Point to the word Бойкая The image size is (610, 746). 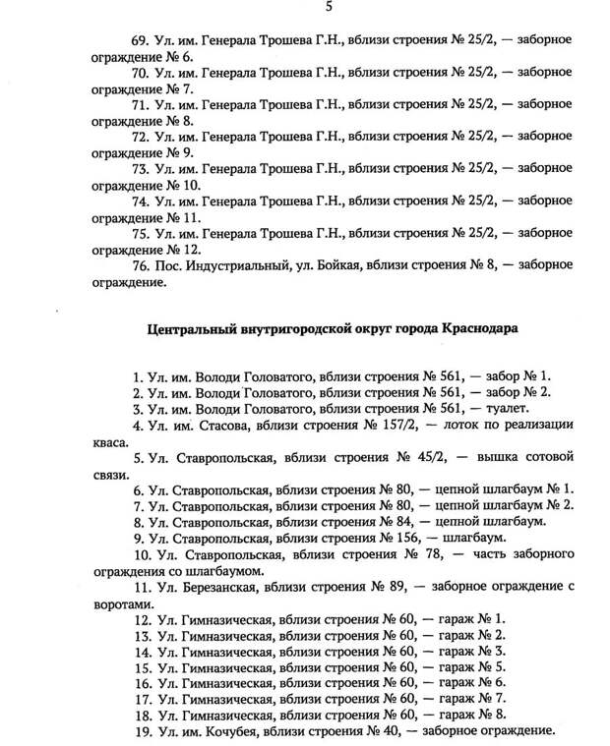click(x=332, y=266)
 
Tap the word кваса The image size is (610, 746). click(x=111, y=442)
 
